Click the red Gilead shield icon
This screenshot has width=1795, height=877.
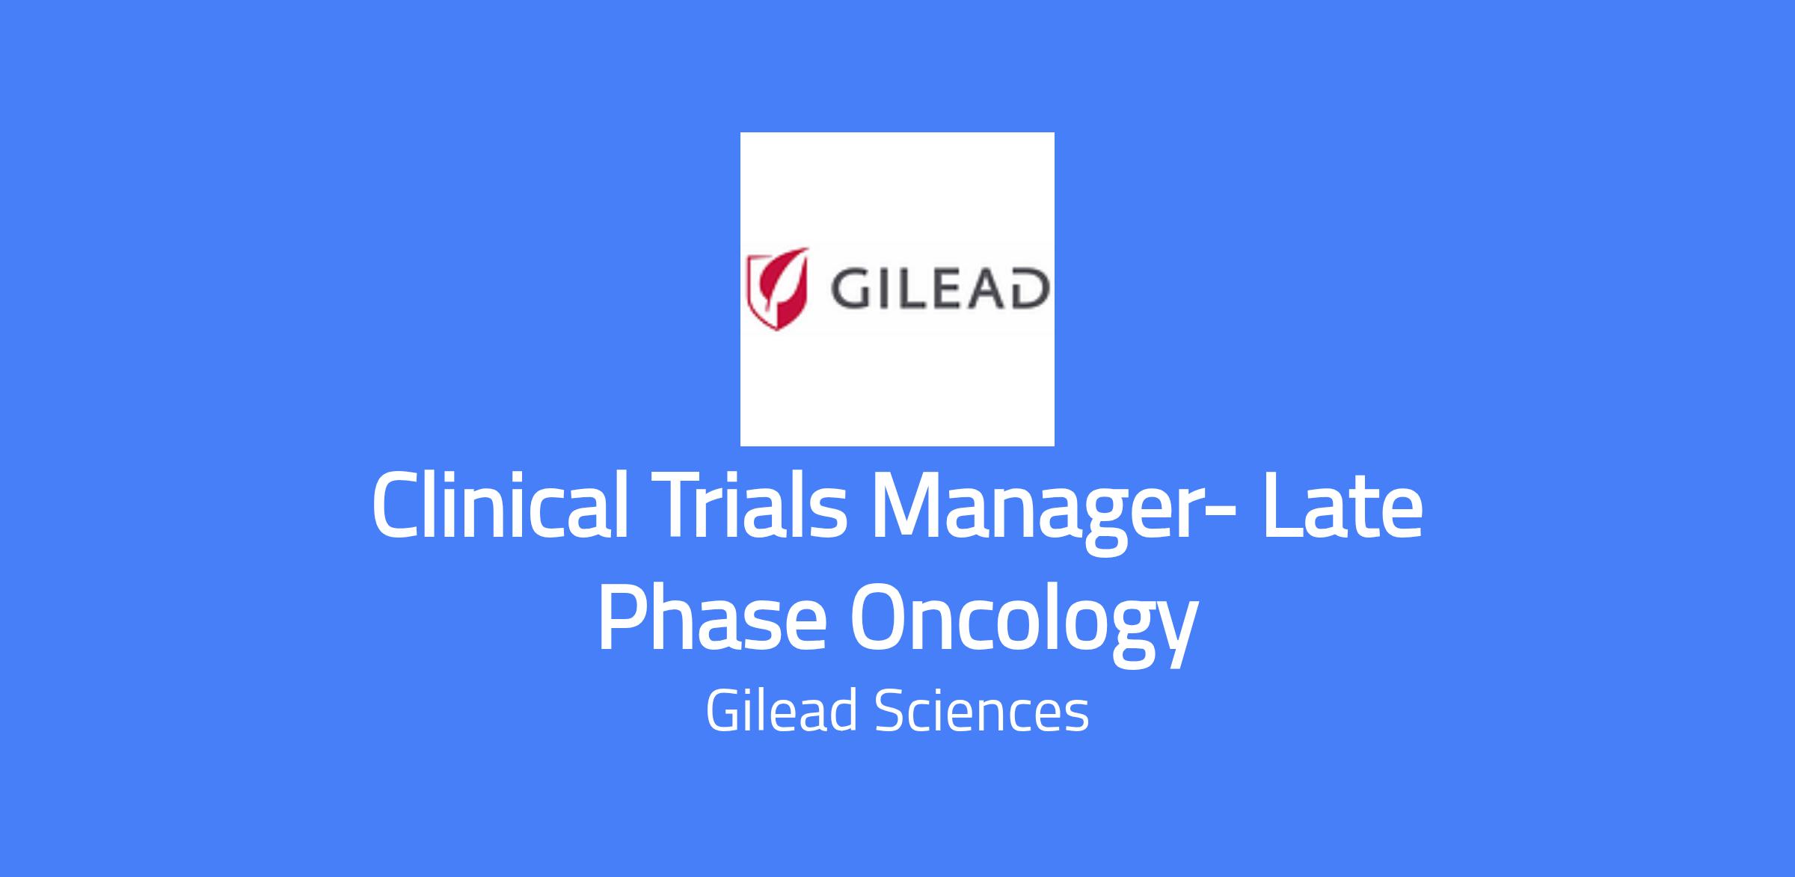point(779,289)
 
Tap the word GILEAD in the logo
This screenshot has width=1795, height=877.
point(938,290)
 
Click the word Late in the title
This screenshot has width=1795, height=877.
point(1343,507)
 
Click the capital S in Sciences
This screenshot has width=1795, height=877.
point(889,712)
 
